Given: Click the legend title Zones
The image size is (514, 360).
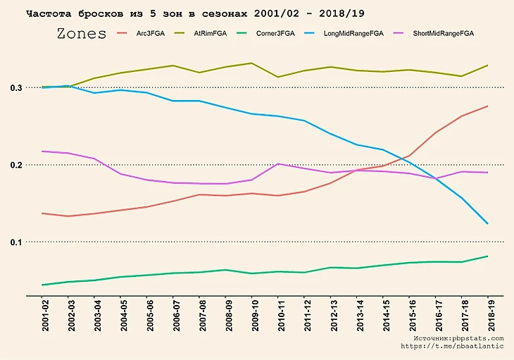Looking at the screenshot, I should tap(81, 34).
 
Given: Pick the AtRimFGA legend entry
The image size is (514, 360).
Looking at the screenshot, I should tap(208, 34).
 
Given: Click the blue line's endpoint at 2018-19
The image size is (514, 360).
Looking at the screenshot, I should tap(487, 224).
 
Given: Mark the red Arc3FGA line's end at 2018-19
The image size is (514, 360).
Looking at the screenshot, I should tap(487, 106).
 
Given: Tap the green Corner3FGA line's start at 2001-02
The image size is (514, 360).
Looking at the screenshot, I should tap(43, 285).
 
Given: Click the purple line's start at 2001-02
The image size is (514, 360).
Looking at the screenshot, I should tap(43, 151).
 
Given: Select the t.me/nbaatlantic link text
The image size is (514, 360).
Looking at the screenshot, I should tap(453, 347).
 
